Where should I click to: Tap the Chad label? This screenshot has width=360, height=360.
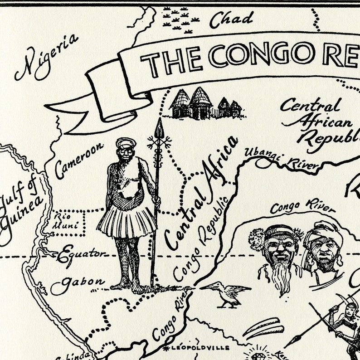point(231,19)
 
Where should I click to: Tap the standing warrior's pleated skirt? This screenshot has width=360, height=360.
point(127,222)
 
